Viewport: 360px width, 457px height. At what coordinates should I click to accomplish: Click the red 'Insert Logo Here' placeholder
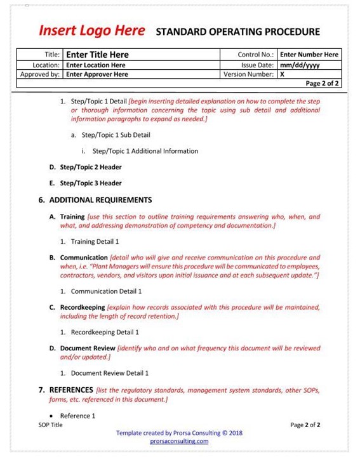tap(91, 30)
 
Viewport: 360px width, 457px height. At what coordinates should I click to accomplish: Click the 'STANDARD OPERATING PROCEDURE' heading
tap(237, 32)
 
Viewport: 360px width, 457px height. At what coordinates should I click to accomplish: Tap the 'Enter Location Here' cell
tap(95, 65)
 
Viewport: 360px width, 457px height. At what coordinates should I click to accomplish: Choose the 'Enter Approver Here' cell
tap(97, 74)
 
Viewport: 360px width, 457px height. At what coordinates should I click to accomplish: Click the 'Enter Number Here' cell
tap(309, 55)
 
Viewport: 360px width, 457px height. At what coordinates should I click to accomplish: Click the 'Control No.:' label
tap(256, 55)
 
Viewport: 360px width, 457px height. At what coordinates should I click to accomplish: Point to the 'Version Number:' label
tap(248, 74)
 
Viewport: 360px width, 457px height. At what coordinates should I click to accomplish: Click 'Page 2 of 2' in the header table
tap(322, 83)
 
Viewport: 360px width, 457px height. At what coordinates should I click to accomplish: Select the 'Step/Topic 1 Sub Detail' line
tap(116, 135)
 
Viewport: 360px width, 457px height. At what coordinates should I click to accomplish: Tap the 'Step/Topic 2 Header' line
tap(90, 168)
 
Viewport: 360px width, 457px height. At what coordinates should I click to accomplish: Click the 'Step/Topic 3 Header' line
tap(90, 183)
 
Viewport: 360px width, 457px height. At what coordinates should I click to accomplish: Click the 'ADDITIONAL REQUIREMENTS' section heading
tap(100, 200)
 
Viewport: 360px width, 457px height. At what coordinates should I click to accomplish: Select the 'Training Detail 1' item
tap(95, 242)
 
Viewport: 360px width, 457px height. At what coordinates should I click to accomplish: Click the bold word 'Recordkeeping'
tap(83, 307)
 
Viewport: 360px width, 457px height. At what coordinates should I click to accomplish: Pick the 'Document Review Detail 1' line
tap(109, 373)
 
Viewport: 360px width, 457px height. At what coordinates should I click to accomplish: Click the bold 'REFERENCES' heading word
tap(70, 390)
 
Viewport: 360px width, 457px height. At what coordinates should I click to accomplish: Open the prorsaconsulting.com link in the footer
tap(179, 441)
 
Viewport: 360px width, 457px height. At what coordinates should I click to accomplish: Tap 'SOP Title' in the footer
tap(51, 425)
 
